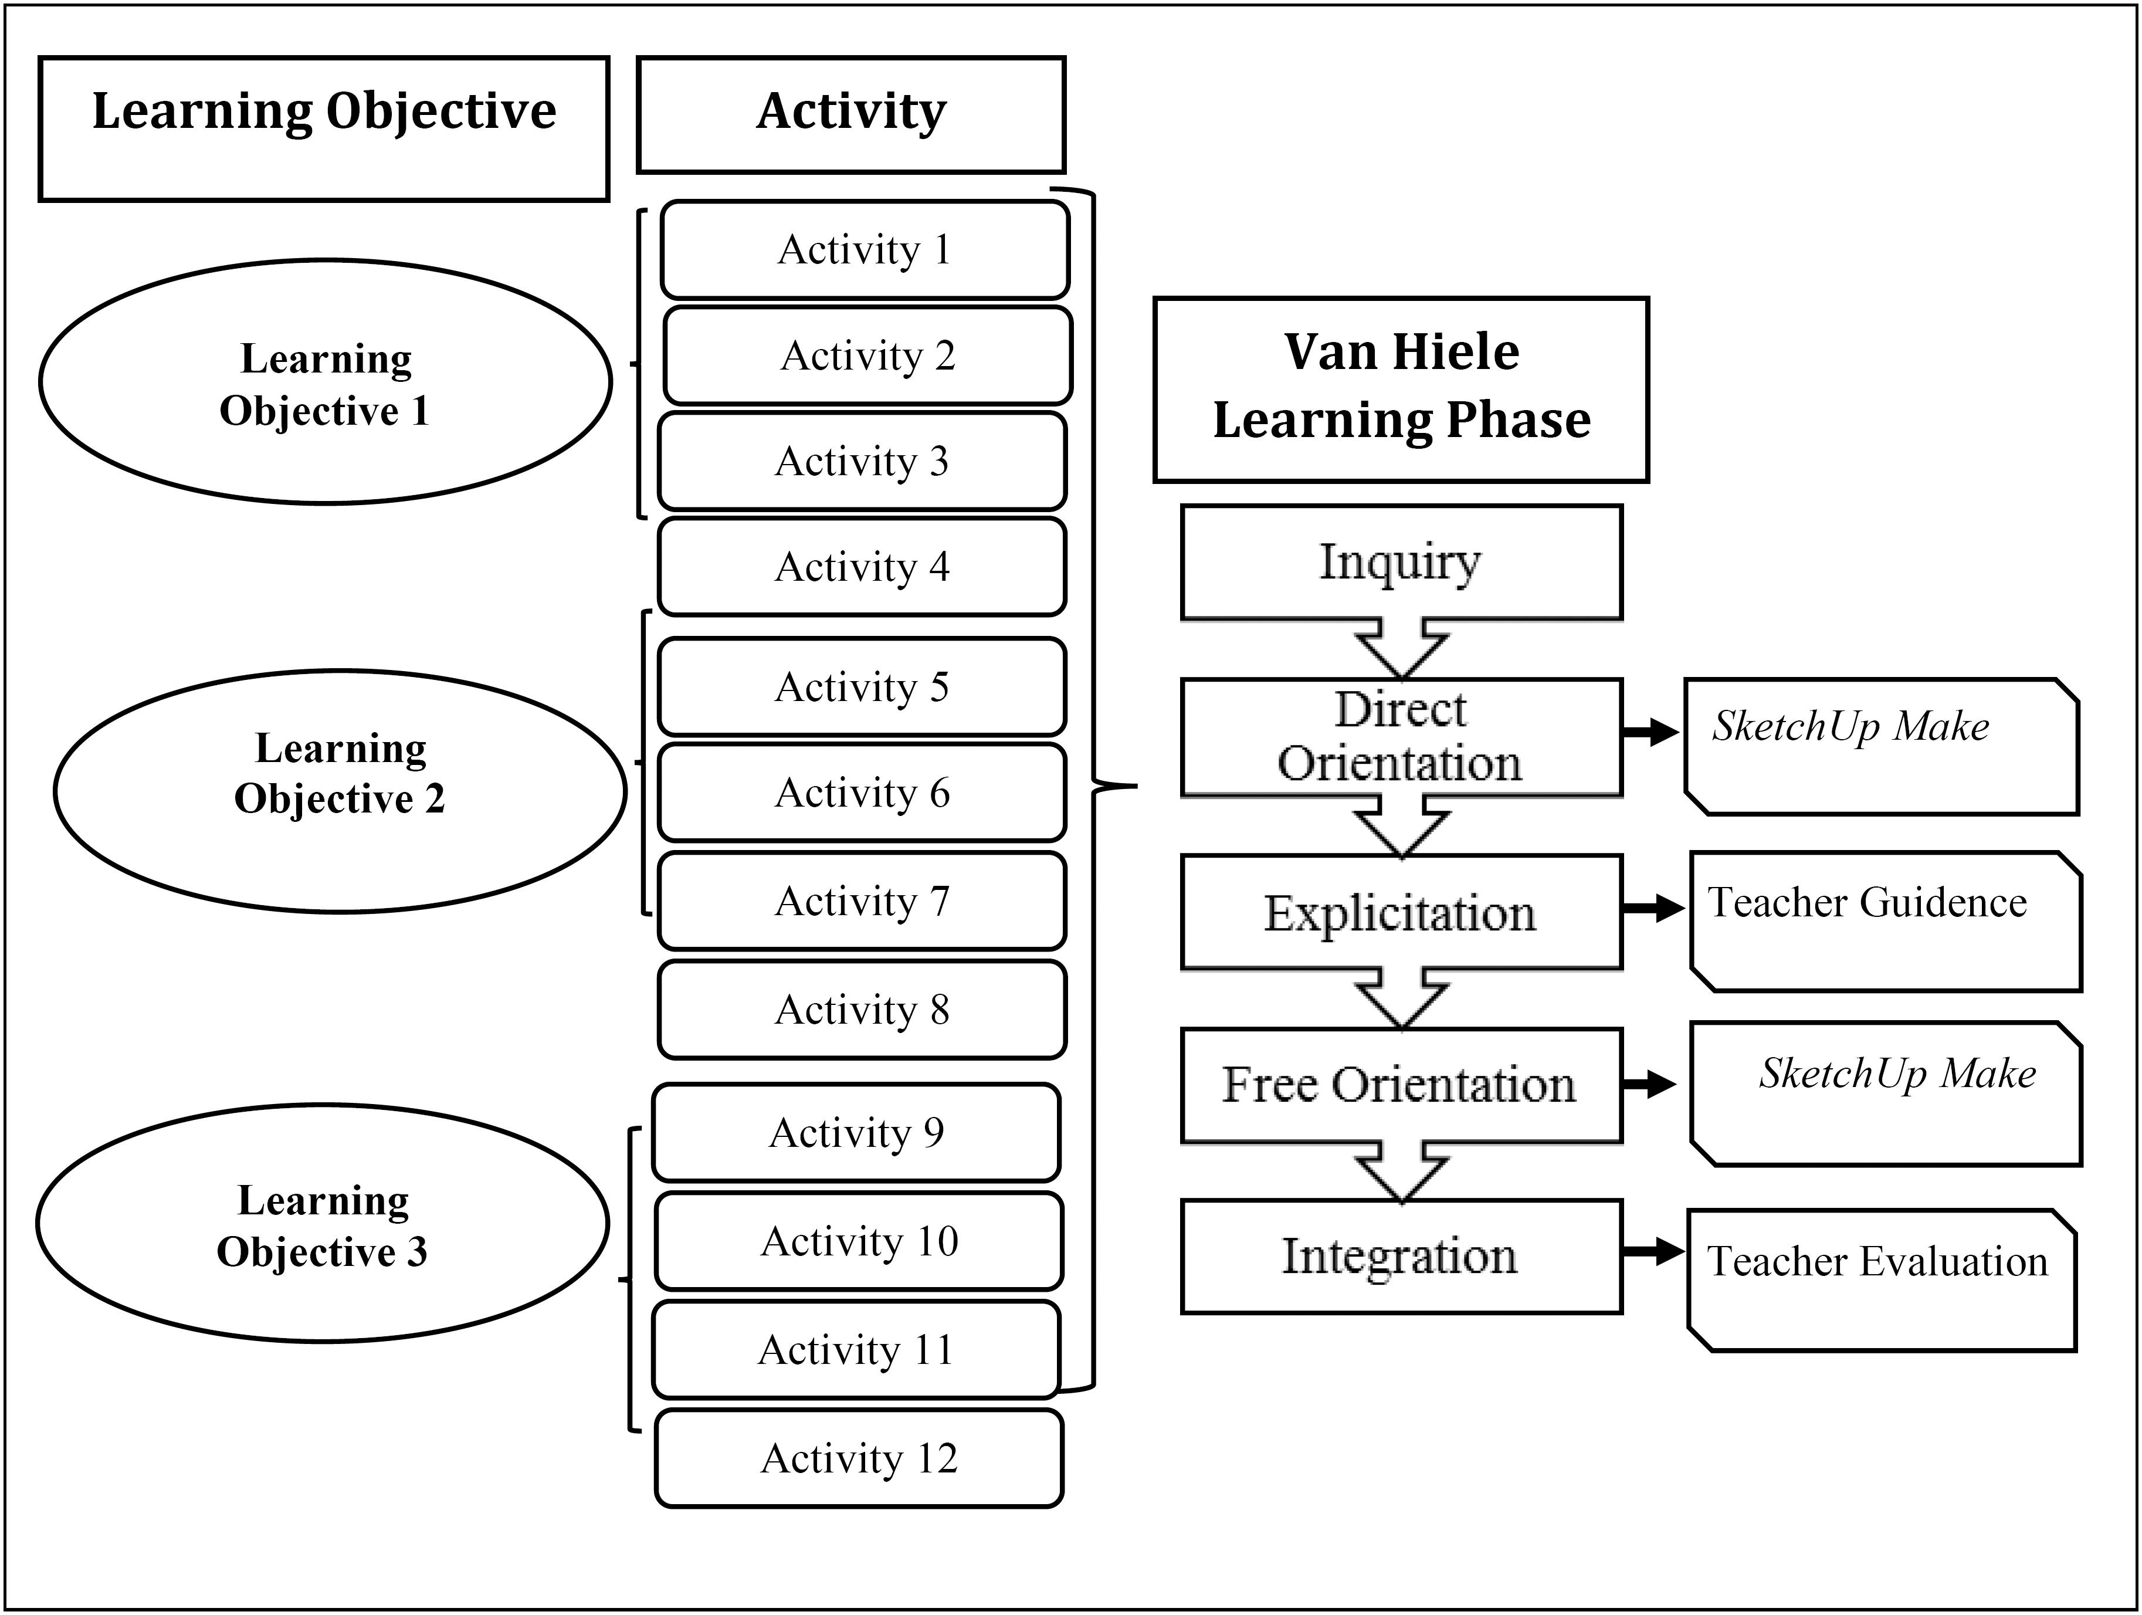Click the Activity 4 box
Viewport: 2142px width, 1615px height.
pos(862,567)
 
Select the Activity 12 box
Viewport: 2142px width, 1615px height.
pos(859,1458)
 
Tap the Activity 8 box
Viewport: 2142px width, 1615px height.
pos(862,1010)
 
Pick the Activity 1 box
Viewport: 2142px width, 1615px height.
pos(865,249)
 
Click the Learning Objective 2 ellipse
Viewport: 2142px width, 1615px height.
pos(340,791)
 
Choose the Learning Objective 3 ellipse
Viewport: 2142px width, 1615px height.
pos(323,1224)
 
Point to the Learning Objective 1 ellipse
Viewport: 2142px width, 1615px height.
pos(326,382)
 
